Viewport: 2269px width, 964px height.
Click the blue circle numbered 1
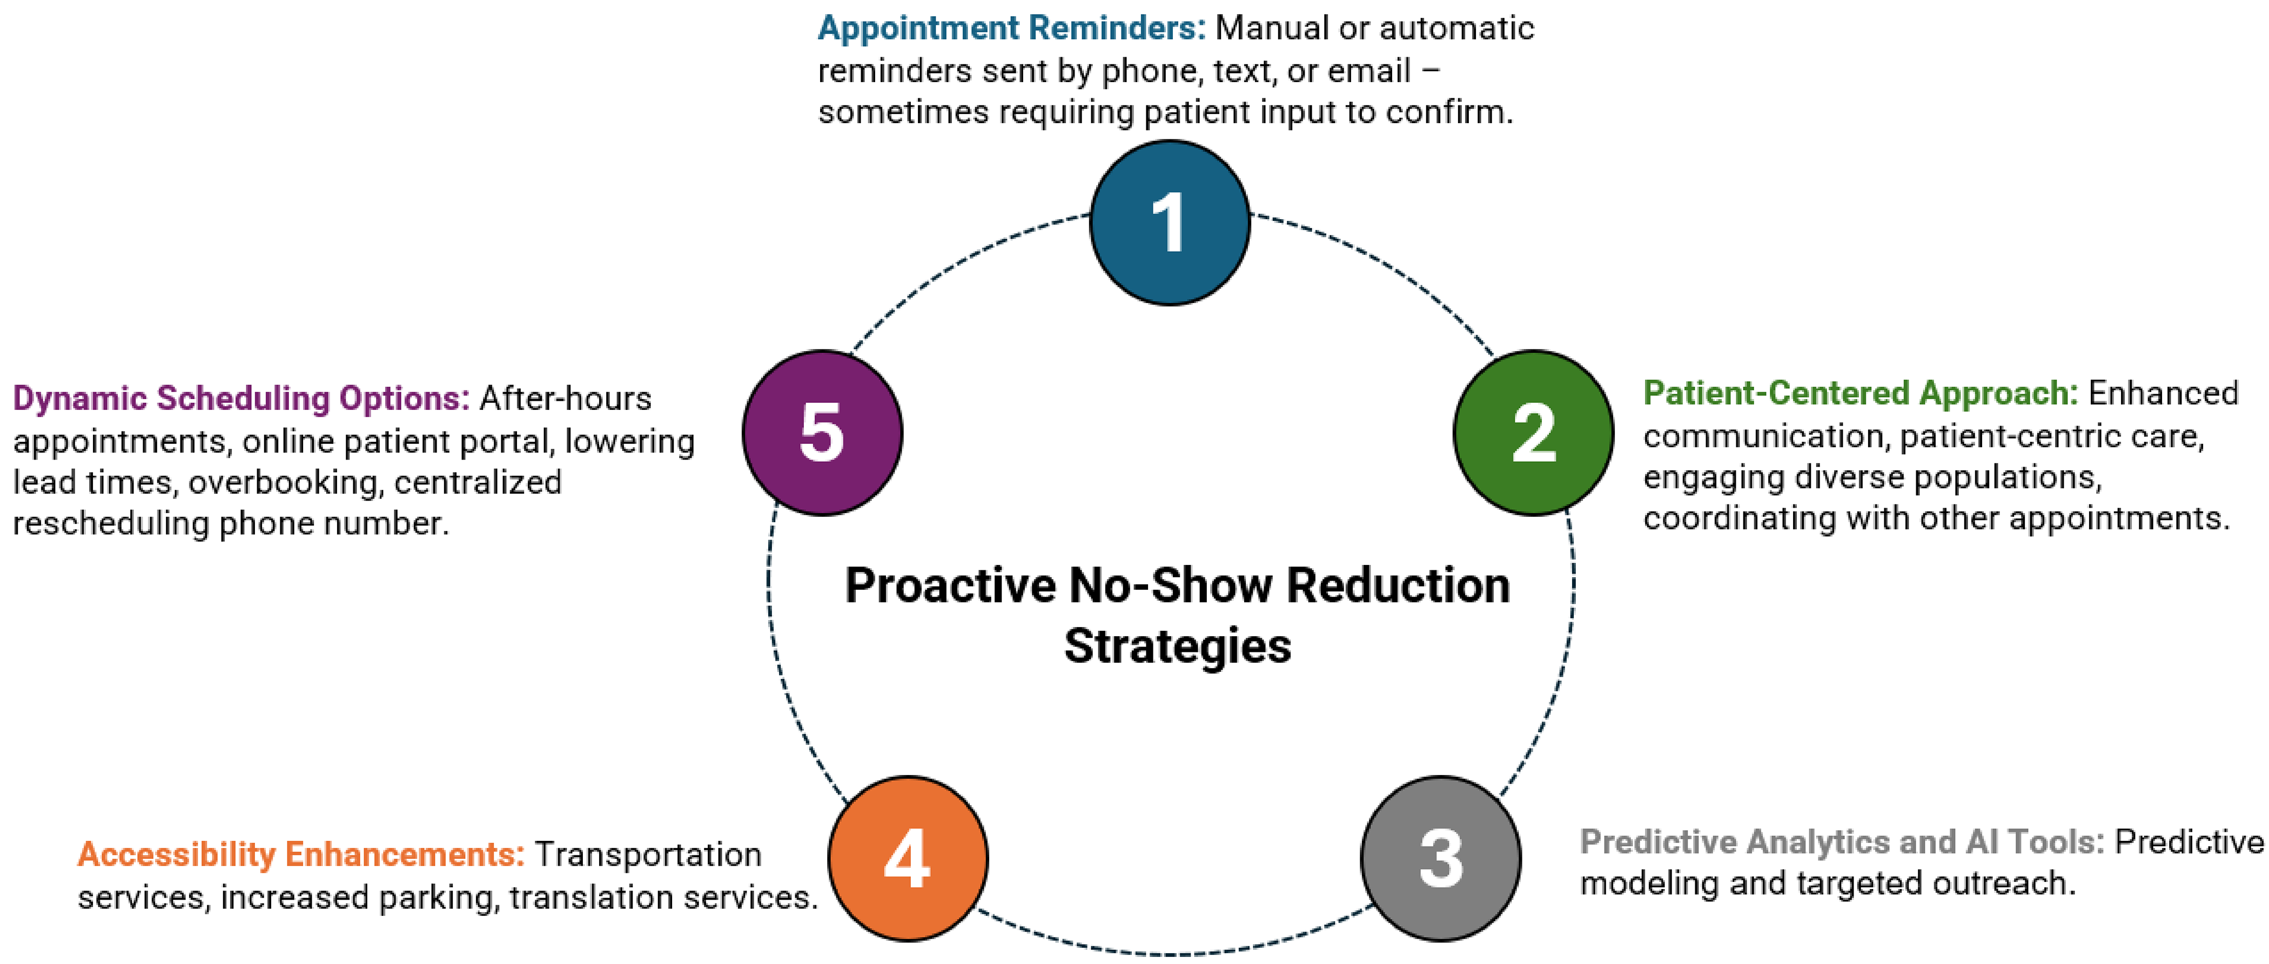tap(1169, 223)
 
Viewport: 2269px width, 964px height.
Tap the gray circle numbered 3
tap(1440, 858)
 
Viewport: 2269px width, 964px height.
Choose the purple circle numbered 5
tap(822, 432)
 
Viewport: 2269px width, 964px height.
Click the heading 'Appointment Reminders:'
tap(1011, 28)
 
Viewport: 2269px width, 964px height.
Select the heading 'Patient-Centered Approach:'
tap(1860, 393)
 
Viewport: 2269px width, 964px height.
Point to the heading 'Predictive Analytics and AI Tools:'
tap(1842, 841)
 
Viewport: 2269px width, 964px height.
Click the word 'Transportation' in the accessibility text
tap(647, 854)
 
